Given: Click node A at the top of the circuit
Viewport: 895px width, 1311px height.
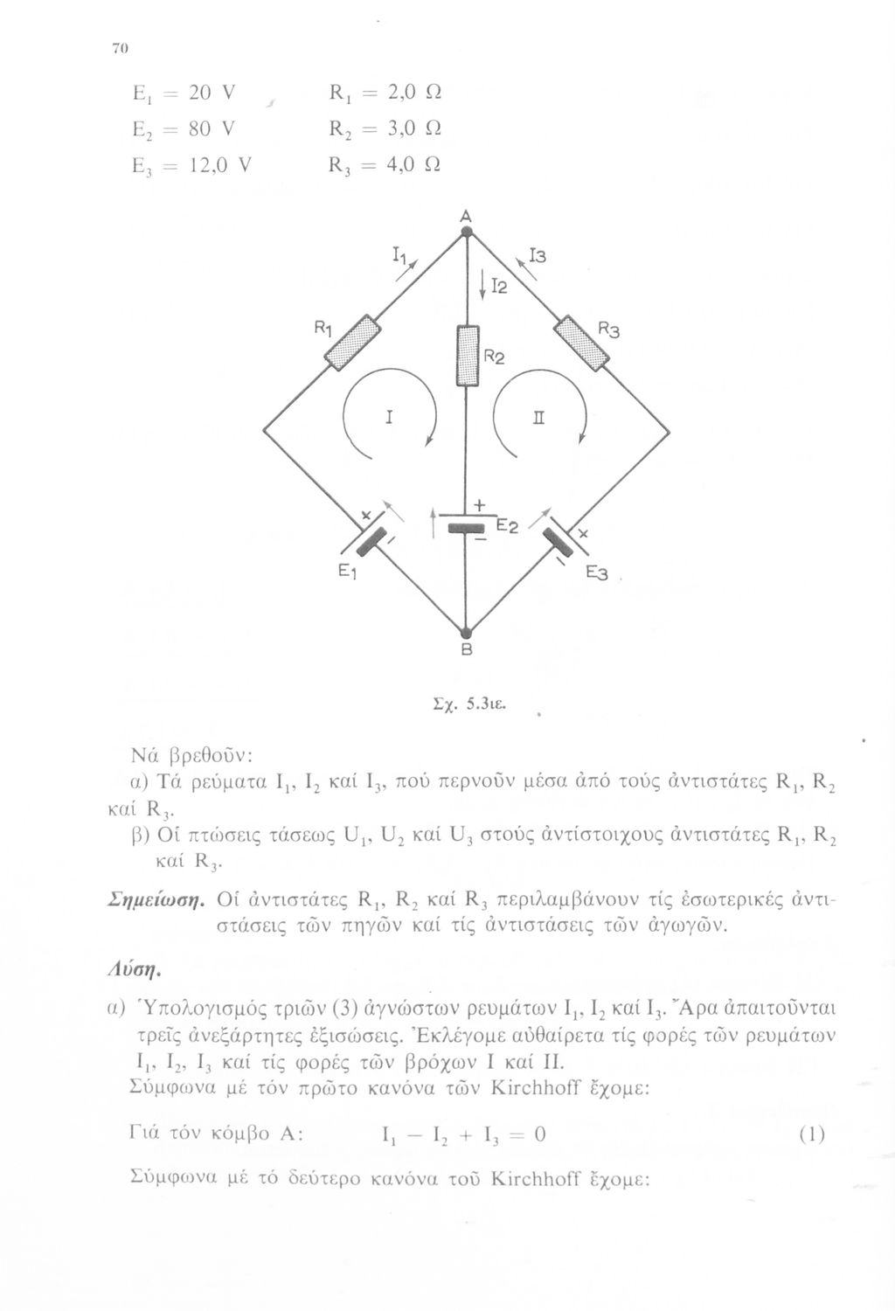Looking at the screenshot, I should [467, 231].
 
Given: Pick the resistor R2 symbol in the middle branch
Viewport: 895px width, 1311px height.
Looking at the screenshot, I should [468, 355].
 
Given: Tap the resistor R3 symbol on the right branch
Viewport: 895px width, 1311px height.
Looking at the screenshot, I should [582, 343].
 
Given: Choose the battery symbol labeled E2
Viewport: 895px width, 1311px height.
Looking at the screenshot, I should [465, 526].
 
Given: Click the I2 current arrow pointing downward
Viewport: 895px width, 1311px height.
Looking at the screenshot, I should [482, 287].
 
